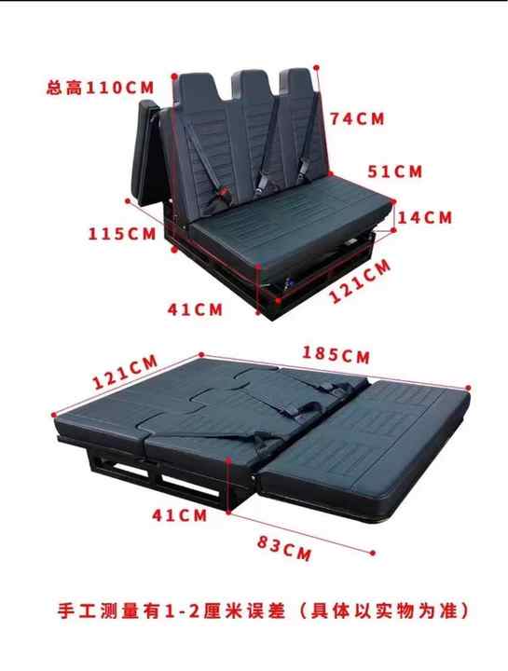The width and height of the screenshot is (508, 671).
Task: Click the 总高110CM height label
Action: click(x=100, y=89)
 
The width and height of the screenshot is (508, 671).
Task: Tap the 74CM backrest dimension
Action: click(x=357, y=118)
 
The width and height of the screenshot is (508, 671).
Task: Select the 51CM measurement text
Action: click(x=394, y=171)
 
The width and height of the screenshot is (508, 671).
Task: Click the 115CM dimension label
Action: click(x=122, y=233)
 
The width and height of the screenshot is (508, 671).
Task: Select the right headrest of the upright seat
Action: click(x=297, y=82)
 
